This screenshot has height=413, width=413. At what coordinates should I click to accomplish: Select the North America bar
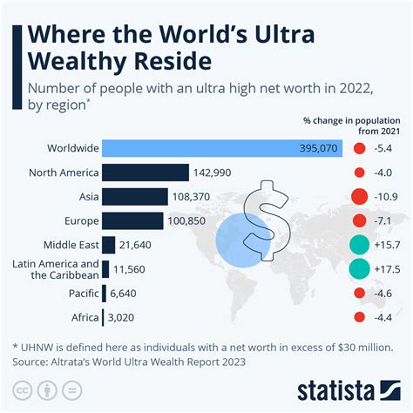pos(146,173)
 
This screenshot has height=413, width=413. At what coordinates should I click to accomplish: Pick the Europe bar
pos(132,220)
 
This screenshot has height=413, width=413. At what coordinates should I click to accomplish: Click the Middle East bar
pos(109,245)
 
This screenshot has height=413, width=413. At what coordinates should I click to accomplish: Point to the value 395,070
pos(317,148)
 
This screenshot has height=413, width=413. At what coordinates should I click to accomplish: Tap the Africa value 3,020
pos(125,317)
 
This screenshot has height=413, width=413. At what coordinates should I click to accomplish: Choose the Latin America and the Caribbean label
pos(53,269)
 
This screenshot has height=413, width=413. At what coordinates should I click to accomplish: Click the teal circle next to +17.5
pos(358,269)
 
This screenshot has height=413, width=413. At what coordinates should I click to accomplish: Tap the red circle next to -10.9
pos(358,197)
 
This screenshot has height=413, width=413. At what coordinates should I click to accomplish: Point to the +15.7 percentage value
pos(388,246)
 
